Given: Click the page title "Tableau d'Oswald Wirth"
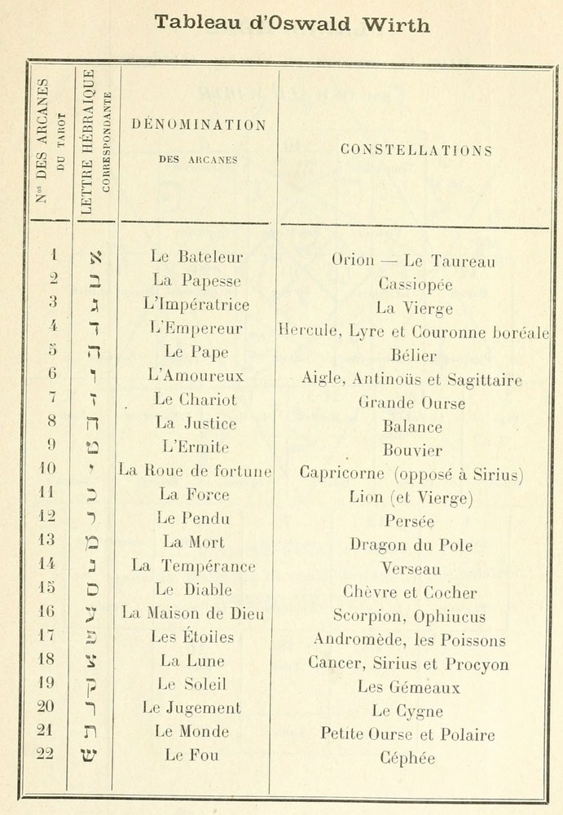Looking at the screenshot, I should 292,24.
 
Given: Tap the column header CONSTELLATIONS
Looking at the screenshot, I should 416,150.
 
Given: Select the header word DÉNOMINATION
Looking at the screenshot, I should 198,126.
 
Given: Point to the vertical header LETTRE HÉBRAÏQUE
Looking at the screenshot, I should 89,143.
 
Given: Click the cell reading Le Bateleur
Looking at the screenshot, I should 197,257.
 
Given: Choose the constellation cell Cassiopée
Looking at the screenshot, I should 415,285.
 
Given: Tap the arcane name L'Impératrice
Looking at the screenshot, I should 196,305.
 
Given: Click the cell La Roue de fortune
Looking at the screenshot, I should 196,470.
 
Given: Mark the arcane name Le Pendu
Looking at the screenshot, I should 196,518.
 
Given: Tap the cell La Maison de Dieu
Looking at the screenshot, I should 193,613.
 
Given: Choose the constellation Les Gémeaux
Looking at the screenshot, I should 409,687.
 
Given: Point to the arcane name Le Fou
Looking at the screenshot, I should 191,755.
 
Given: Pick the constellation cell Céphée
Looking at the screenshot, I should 407,758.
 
